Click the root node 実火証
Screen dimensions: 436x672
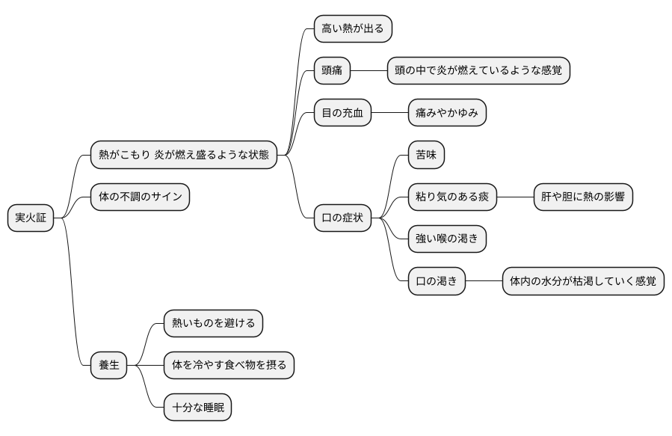click(x=31, y=218)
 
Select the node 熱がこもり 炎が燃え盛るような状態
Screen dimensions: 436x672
click(x=184, y=156)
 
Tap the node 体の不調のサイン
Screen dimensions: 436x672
click(x=140, y=197)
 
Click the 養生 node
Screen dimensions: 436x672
click(x=109, y=366)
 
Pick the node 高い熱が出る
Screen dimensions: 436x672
click(x=353, y=29)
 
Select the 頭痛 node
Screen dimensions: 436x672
click(x=332, y=71)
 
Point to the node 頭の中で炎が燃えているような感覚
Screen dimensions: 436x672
click(x=478, y=71)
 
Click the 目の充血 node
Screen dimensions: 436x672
click(x=342, y=113)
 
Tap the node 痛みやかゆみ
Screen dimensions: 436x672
click(x=447, y=113)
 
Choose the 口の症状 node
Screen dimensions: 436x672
click(x=342, y=218)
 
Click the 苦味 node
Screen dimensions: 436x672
click(x=426, y=156)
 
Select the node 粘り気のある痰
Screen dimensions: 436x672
click(x=452, y=197)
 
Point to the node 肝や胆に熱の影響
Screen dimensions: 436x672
click(x=582, y=197)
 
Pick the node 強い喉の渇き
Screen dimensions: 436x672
click(x=447, y=239)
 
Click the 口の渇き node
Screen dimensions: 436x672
click(x=437, y=281)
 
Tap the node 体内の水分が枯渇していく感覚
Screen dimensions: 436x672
click(x=583, y=281)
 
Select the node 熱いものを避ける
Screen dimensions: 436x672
click(x=214, y=323)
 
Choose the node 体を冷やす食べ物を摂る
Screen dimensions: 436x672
click(x=229, y=366)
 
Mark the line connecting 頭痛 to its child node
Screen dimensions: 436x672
click(x=369, y=71)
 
